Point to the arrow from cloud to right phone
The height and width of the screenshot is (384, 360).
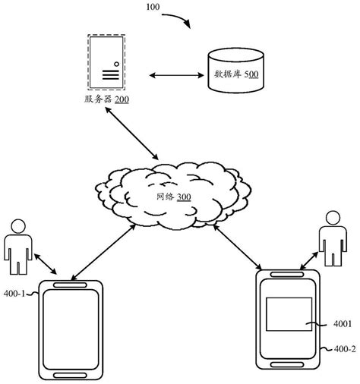241,242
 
